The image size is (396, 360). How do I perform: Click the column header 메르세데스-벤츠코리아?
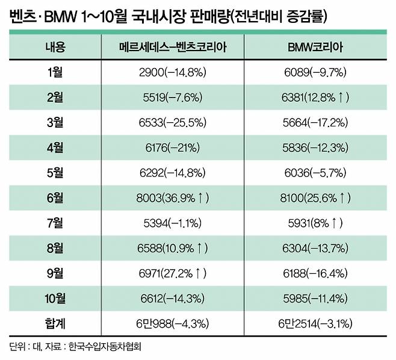[174, 47]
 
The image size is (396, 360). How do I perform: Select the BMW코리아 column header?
[317, 47]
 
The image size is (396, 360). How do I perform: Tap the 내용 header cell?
[56, 47]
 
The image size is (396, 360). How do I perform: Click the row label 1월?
[56, 72]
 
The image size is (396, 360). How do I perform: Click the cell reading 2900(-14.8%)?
[174, 72]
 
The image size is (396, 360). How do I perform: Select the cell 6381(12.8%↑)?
[317, 98]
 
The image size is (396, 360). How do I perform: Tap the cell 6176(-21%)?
[174, 147]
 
